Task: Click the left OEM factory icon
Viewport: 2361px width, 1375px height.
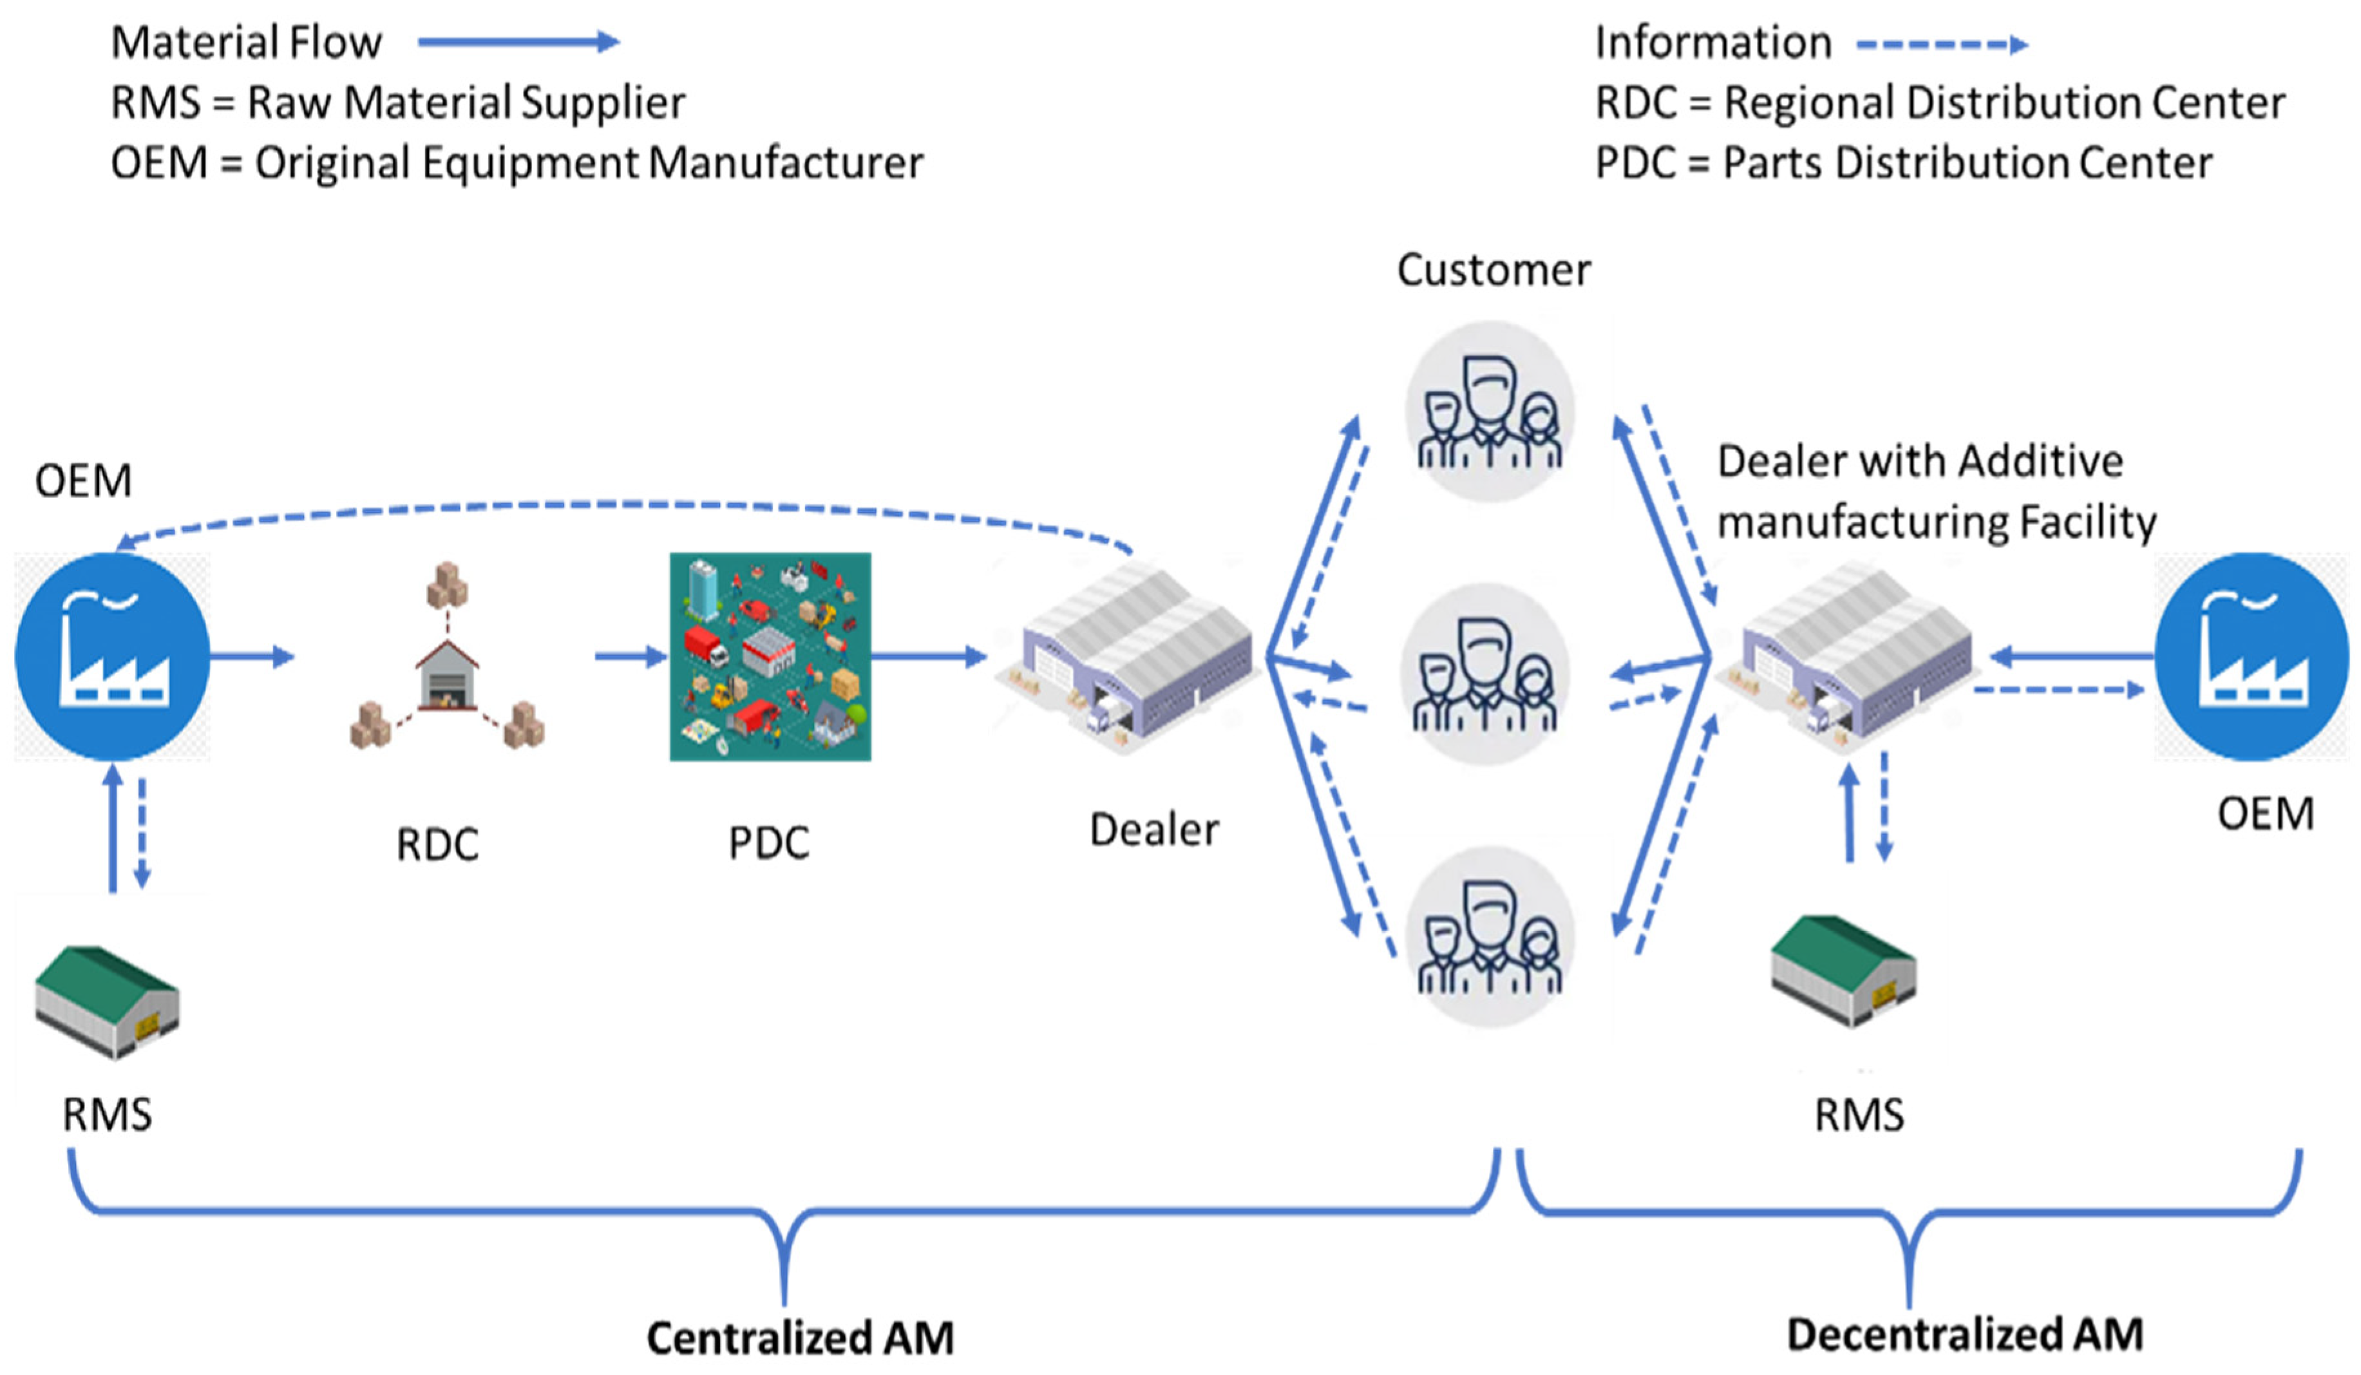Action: click(113, 656)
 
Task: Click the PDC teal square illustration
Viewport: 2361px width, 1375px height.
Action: click(770, 656)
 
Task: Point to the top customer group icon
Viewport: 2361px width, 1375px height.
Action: click(1489, 412)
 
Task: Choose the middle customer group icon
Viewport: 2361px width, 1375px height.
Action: click(1485, 674)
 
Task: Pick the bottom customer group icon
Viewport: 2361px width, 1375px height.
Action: click(1489, 936)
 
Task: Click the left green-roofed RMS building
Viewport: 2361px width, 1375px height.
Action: click(107, 1002)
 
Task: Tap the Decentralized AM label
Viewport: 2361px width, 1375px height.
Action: click(1965, 1334)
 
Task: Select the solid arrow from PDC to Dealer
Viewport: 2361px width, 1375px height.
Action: click(927, 656)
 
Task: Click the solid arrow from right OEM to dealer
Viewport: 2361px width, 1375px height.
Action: click(2071, 656)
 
